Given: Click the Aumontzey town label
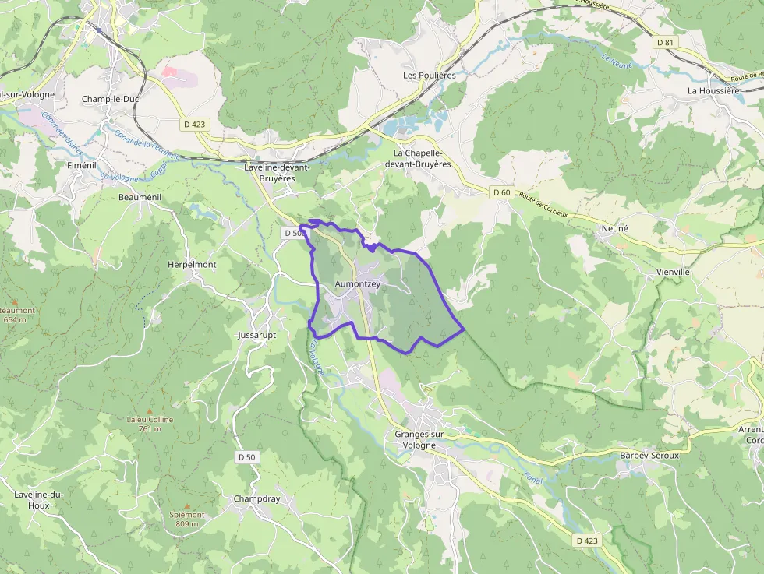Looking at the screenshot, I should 357,284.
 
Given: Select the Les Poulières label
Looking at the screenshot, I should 429,76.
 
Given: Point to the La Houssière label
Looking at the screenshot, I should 713,90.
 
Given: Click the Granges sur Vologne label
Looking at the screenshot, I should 419,440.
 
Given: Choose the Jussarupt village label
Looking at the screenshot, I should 255,335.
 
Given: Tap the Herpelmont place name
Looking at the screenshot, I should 192,264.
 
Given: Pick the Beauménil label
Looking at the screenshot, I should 140,197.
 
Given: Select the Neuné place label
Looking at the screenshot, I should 614,228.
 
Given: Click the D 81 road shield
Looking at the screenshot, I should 664,42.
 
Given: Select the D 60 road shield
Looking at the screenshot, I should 500,192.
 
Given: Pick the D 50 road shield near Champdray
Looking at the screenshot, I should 246,456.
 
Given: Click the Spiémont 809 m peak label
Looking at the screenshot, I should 187,519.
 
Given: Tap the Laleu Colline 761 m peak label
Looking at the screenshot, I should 150,424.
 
